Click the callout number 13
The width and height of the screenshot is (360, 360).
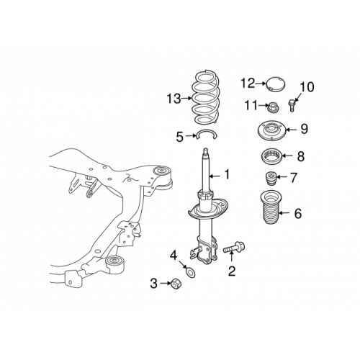[x=172, y=98]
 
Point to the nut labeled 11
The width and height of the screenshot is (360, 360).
[x=274, y=109]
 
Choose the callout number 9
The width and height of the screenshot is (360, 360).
[x=304, y=129]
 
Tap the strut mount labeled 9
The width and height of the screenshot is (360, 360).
[x=272, y=132]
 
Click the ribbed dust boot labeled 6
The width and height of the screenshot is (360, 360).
[x=266, y=212]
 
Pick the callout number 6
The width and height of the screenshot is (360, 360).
[x=299, y=212]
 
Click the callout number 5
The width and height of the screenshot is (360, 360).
[x=179, y=135]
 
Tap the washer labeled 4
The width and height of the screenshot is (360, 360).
[x=189, y=271]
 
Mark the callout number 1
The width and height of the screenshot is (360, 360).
[x=228, y=174]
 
